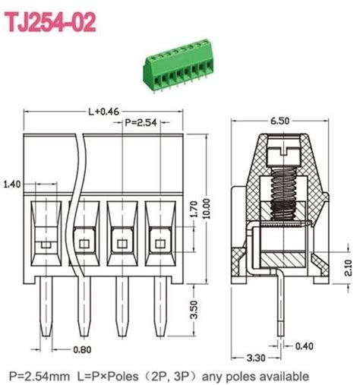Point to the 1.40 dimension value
pyautogui.click(x=13, y=184)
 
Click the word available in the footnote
pyautogui.click(x=285, y=376)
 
